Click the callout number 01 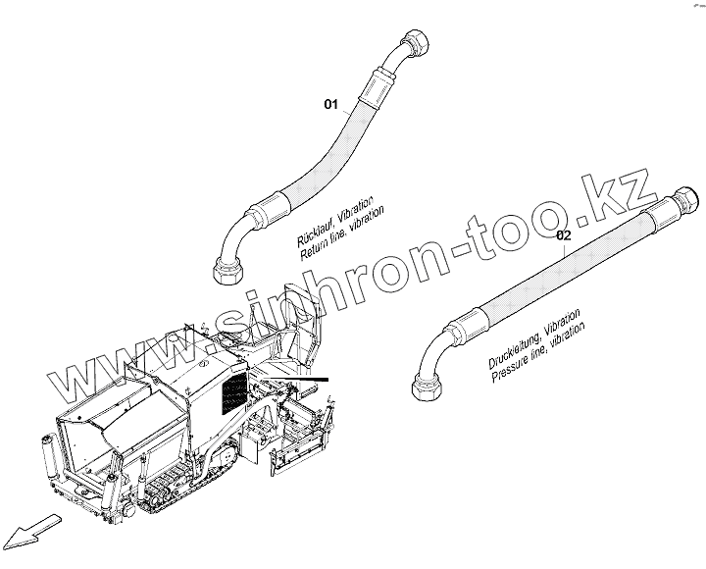click(x=330, y=103)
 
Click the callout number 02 click(x=563, y=235)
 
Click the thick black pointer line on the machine click(x=299, y=379)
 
